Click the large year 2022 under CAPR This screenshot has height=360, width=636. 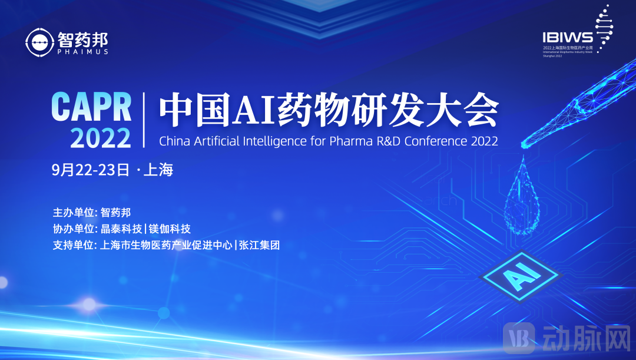(101, 137)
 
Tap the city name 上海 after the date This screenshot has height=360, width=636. (158, 170)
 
